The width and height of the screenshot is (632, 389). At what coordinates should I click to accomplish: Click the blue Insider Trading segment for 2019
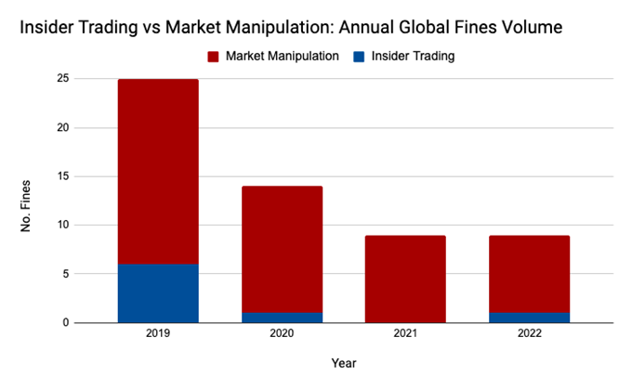[158, 293]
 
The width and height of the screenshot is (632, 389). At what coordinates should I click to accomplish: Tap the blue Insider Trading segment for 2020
[282, 318]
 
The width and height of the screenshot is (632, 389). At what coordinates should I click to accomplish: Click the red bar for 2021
[405, 279]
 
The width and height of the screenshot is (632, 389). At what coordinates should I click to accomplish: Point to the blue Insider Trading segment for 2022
[529, 318]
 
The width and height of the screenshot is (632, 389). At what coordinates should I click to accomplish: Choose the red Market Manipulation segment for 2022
[529, 274]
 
